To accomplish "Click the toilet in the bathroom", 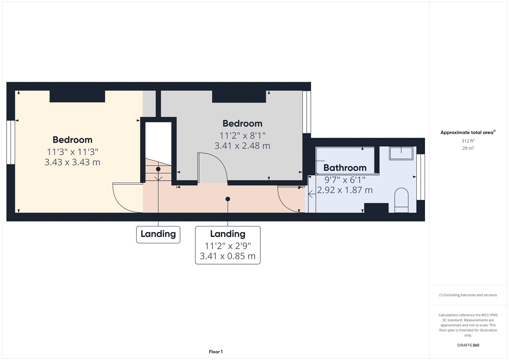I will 401,200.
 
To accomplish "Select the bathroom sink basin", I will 401,153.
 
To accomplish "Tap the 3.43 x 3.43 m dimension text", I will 73,162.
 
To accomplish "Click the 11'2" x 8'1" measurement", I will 242,136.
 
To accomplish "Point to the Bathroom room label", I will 345,168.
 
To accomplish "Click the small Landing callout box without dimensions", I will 158,234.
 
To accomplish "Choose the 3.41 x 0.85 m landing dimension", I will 227,256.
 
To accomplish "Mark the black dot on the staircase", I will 158,169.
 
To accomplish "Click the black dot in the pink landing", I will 228,199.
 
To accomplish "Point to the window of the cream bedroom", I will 11,142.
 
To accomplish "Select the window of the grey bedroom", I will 307,112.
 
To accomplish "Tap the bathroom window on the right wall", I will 421,177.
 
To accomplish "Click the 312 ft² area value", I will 468,141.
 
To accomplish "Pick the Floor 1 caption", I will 216,352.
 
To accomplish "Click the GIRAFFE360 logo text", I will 468,345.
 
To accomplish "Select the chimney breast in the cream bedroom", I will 77,96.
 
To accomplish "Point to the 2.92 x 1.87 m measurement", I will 345,190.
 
